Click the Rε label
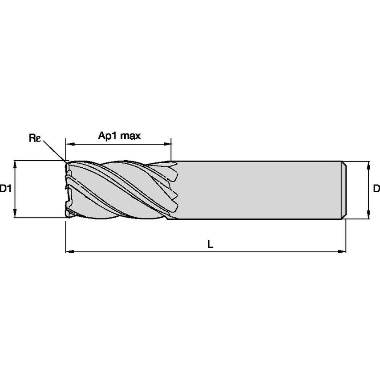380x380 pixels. point(35,138)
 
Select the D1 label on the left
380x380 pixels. point(6,189)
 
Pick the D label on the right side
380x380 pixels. point(376,189)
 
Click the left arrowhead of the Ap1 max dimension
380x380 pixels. point(69,144)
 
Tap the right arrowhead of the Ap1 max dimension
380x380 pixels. point(168,144)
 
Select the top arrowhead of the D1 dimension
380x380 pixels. point(16,164)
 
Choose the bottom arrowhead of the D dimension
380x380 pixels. point(368,215)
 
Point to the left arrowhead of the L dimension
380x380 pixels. point(69,252)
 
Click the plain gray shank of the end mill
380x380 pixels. point(258,190)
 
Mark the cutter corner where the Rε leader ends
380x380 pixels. point(66,162)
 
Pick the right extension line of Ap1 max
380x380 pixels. point(171,151)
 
